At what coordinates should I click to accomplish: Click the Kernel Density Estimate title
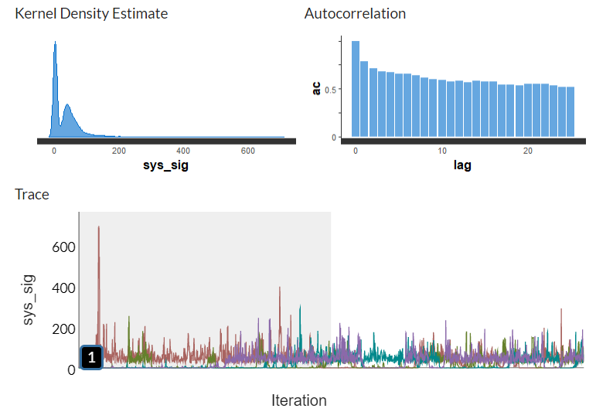[91, 14]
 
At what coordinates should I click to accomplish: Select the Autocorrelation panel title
[355, 14]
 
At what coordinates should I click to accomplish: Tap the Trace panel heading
[32, 194]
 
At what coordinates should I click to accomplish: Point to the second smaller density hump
[67, 106]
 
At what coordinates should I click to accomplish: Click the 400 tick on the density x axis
[183, 151]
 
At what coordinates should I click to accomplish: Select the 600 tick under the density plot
[248, 151]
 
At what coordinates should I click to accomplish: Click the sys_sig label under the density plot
[167, 165]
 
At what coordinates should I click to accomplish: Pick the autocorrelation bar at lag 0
[356, 89]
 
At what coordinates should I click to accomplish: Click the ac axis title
[316, 89]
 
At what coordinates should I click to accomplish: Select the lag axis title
[463, 165]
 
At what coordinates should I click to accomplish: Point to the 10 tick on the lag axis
[441, 151]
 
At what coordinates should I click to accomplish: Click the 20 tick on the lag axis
[528, 151]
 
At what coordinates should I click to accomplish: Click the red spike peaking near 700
[99, 229]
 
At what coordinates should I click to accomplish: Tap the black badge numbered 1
[91, 357]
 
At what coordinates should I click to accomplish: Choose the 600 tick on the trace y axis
[64, 247]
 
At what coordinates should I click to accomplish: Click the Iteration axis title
[298, 400]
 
